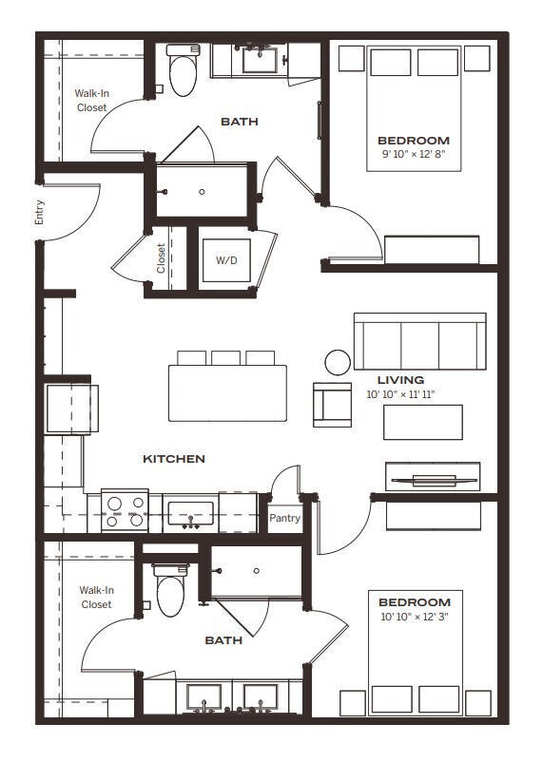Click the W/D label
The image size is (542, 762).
tap(226, 259)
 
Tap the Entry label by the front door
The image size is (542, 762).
tap(40, 211)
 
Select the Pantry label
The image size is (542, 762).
tap(284, 518)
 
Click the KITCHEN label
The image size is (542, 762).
tap(174, 459)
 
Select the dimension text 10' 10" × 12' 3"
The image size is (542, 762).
tap(414, 618)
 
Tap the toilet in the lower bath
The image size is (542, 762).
tap(169, 591)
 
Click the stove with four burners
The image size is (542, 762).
tap(125, 511)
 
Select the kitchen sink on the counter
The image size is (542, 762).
tap(191, 513)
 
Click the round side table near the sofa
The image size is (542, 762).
tap(338, 361)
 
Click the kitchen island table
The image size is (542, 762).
tap(228, 392)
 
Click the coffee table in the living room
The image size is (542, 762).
tap(423, 422)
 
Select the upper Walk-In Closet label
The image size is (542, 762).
tap(92, 101)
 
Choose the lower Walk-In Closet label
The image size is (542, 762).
tap(96, 597)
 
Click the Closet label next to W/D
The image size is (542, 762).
tap(161, 257)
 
